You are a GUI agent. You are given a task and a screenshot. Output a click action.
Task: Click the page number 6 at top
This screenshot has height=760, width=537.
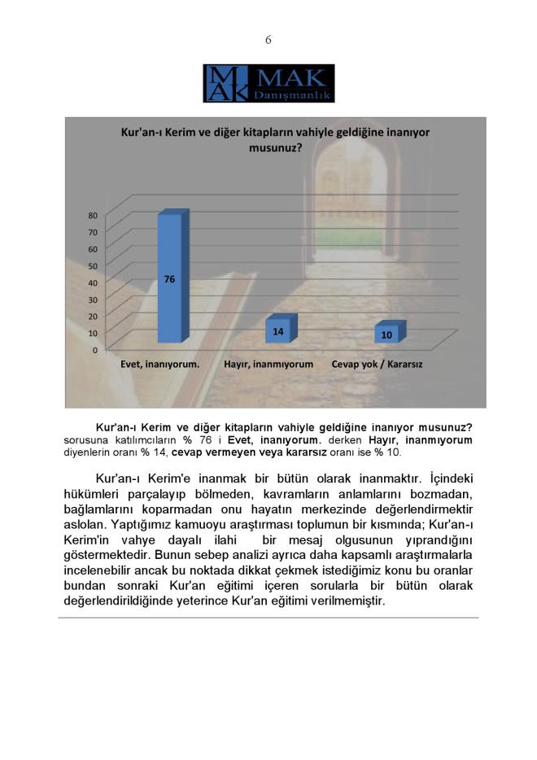tap(268, 40)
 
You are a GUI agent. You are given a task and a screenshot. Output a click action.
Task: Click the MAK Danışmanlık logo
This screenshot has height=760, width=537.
tap(268, 84)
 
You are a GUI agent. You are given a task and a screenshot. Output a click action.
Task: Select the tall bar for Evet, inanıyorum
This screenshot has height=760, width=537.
tap(169, 277)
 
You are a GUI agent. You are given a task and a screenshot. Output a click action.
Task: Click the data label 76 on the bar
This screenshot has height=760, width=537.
tap(169, 279)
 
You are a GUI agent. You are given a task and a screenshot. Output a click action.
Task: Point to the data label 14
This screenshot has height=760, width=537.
tap(278, 331)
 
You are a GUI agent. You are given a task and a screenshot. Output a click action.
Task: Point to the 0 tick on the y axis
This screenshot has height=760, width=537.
tap(95, 350)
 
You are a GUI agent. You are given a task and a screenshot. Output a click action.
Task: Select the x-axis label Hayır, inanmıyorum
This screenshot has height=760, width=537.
tap(268, 365)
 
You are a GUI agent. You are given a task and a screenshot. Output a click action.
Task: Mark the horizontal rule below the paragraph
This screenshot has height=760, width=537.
tap(268, 618)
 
